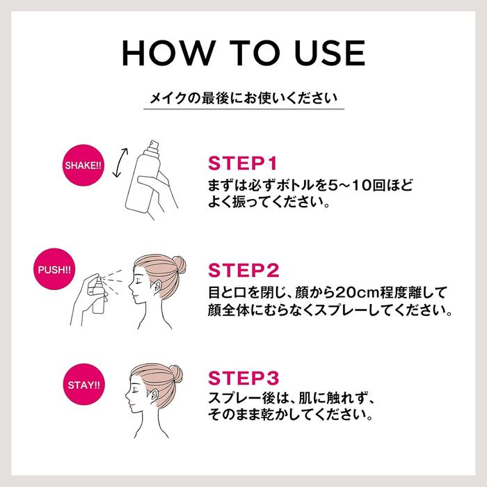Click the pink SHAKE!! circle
[83, 166]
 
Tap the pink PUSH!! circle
[54, 269]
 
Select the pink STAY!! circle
[84, 385]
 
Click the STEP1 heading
[242, 163]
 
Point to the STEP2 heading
[243, 270]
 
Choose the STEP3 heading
[243, 378]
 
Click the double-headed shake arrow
[120, 163]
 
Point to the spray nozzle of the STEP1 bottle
[154, 145]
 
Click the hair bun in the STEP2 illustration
[179, 265]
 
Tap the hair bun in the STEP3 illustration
[176, 374]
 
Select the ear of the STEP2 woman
[157, 287]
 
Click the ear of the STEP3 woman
[154, 396]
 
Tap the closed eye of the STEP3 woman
[136, 389]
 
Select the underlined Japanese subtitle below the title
[243, 98]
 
